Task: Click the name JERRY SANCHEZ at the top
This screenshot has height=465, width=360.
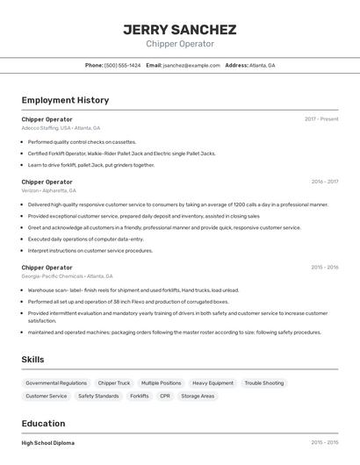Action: tap(180, 29)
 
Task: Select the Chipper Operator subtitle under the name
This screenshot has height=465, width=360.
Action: tap(180, 44)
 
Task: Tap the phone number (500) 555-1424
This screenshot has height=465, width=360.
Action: tap(122, 65)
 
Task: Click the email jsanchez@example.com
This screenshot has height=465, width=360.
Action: tap(191, 65)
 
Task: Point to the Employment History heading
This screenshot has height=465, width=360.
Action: tap(65, 100)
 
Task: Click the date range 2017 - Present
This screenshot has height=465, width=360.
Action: tap(321, 119)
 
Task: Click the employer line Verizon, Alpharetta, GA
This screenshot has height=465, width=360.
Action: tap(48, 190)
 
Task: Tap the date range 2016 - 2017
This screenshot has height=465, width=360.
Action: tap(324, 182)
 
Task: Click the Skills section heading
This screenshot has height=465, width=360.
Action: tap(32, 359)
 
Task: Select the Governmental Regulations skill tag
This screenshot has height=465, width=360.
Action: tap(56, 383)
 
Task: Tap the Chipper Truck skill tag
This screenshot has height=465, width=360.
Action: tap(114, 383)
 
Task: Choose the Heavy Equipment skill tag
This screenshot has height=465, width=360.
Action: tap(212, 383)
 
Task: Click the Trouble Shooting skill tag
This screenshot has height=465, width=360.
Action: tap(263, 383)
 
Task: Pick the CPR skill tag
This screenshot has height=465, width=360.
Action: tap(164, 396)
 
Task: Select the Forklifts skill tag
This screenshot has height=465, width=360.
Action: tap(139, 396)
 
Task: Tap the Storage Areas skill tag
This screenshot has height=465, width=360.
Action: tap(198, 396)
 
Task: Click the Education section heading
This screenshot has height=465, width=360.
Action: tap(43, 424)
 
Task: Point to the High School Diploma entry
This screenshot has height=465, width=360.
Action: tap(48, 443)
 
